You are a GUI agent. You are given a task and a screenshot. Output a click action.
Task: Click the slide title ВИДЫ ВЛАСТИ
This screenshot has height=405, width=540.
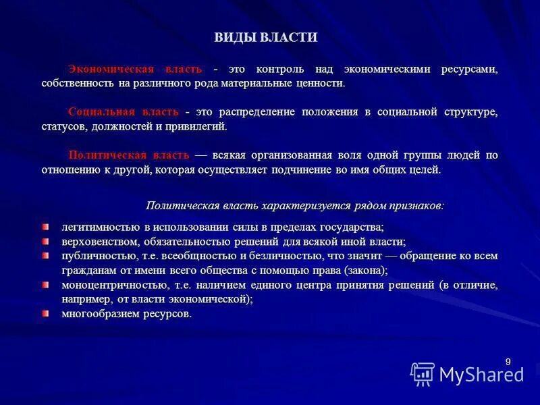pos(266,38)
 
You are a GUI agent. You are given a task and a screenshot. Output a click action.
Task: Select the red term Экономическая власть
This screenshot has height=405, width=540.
pos(135,70)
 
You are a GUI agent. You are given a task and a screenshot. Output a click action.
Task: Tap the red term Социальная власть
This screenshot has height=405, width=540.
pos(124,111)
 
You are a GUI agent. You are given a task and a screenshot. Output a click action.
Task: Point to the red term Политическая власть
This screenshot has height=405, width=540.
pos(129,155)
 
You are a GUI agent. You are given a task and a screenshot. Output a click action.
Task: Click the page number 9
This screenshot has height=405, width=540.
pos(508,362)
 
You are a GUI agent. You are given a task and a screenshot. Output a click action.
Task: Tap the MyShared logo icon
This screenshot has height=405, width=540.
pos(423,373)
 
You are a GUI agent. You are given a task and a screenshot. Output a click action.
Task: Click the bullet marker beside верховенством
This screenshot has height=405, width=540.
pos(45,241)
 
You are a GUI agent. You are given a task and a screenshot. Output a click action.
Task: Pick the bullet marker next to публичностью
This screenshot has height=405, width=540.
pos(45,256)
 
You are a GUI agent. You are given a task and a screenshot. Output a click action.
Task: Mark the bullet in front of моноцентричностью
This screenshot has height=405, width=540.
pos(45,285)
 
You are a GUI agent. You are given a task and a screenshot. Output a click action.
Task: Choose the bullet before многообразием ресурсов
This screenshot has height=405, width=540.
pos(45,314)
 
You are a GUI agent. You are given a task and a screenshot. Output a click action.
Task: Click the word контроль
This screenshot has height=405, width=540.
pos(280,70)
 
